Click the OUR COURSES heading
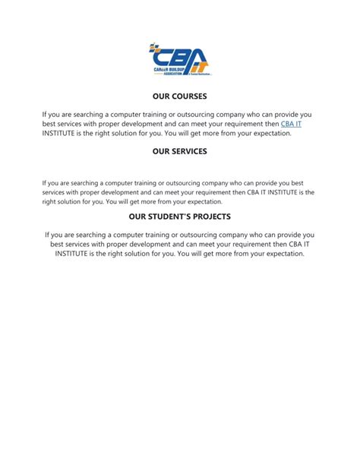coord(179,96)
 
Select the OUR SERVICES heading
coord(179,151)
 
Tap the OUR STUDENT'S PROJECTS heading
coord(179,217)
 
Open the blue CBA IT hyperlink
coord(292,123)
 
